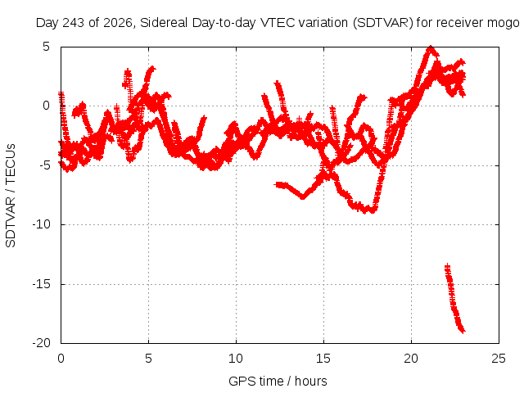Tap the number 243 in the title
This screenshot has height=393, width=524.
74,23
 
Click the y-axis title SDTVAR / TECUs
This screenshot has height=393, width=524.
11,196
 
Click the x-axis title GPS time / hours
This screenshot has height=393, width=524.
278,381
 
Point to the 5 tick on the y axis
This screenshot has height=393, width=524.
46,47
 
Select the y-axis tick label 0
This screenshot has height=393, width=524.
46,106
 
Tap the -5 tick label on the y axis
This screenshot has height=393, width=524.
43,165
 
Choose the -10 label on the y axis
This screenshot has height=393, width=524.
41,224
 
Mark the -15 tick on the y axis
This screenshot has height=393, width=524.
41,284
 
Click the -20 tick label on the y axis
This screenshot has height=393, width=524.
41,343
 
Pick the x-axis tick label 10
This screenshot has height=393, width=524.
236,359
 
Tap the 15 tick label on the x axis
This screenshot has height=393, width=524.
323,359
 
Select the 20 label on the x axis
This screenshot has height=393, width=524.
411,359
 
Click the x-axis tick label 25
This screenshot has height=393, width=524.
499,359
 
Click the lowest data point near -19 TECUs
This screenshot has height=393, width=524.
463,331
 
